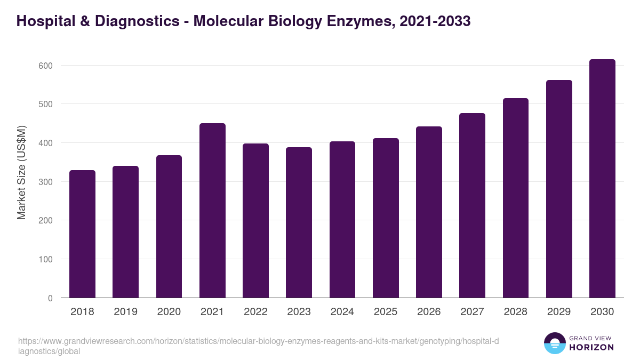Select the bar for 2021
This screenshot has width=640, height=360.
(212, 211)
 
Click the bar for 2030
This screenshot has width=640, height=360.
(602, 179)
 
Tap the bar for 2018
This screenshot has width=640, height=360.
(82, 234)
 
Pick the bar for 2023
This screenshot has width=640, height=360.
(299, 222)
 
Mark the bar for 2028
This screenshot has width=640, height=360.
(515, 198)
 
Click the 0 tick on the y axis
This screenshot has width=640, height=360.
(50, 298)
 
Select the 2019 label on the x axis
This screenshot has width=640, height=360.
(125, 312)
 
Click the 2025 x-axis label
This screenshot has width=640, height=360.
(386, 312)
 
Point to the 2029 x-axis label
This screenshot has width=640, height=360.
(559, 312)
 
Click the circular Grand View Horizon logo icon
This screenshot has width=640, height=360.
(555, 343)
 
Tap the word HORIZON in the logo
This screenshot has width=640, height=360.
(591, 347)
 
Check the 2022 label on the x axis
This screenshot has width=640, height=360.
(255, 312)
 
